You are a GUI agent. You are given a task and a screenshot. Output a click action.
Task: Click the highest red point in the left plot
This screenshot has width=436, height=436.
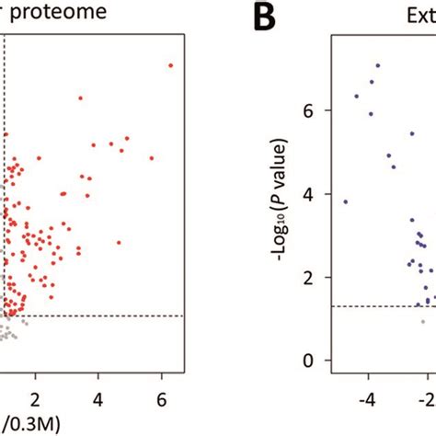[x=170, y=65]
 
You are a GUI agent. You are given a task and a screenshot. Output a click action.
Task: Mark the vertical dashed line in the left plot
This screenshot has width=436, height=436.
[x=5, y=184]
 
